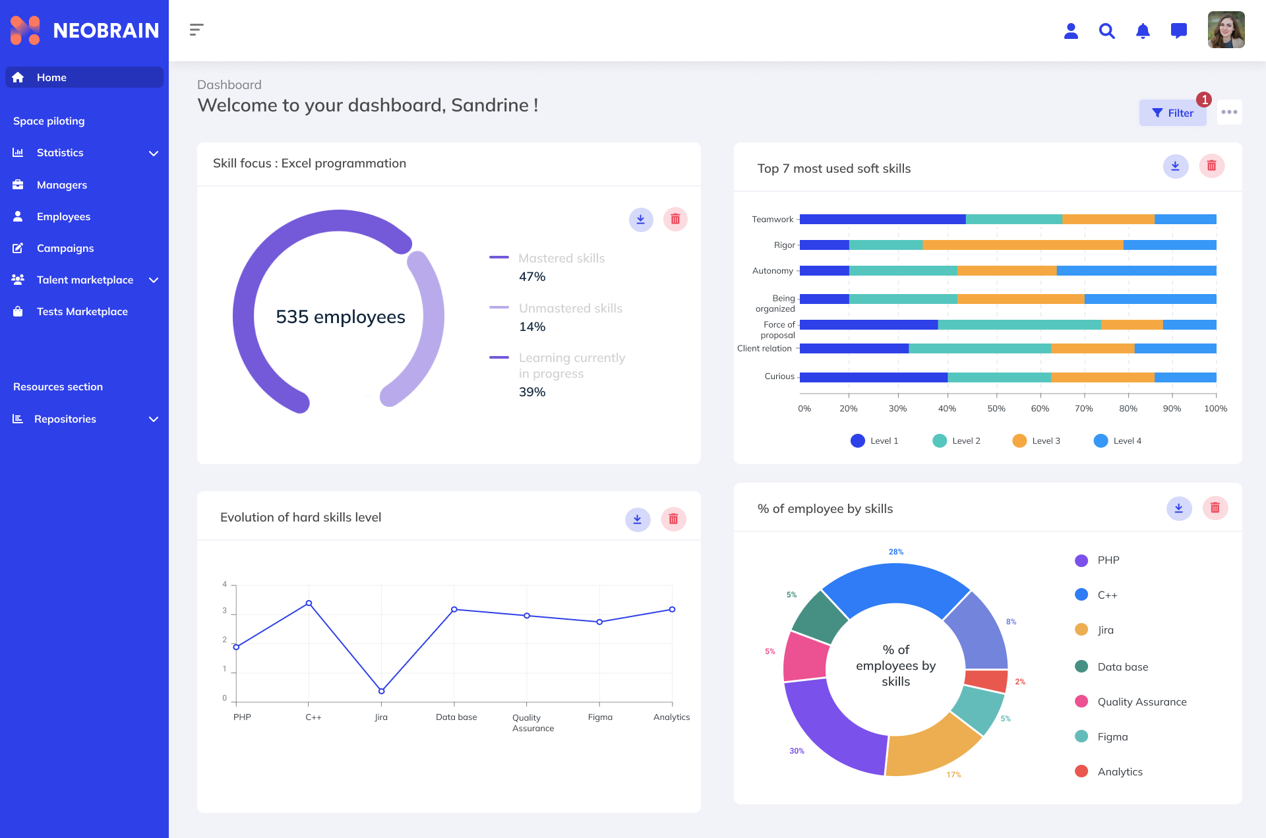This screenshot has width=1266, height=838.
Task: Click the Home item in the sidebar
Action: pos(51,77)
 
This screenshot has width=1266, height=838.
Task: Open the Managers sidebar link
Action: pos(61,185)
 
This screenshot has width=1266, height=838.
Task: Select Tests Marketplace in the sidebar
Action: pos(82,311)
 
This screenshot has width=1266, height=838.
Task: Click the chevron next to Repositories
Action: pos(154,419)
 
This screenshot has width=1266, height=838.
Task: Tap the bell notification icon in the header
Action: pos(1143,31)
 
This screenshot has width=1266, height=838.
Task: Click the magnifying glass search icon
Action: pos(1106,31)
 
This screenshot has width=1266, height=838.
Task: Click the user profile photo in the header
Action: pos(1226,30)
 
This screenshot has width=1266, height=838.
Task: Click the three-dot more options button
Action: pos(1229,112)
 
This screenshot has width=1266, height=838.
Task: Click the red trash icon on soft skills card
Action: pos(1211,166)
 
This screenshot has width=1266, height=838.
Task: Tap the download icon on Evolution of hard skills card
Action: pos(637,520)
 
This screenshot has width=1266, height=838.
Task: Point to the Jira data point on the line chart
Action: pos(381,691)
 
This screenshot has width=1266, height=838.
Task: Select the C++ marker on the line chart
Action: pos(309,603)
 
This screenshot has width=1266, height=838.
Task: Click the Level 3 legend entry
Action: pos(1037,440)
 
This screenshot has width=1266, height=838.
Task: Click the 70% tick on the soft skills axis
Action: pos(1083,409)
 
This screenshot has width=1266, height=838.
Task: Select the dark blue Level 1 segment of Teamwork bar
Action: pos(882,219)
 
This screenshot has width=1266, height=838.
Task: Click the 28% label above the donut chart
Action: pos(895,552)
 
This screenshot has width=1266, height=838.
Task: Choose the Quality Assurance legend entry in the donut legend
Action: pos(1141,702)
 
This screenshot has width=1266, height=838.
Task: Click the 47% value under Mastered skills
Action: pos(532,277)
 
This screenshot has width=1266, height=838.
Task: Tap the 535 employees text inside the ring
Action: pos(340,317)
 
